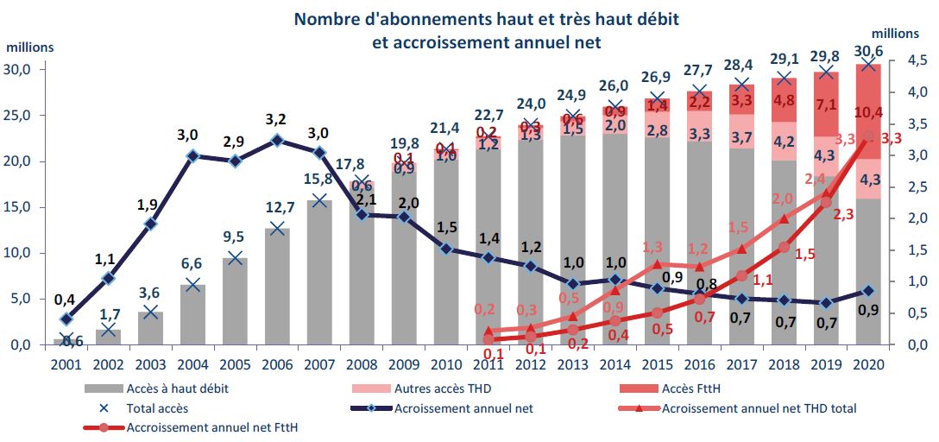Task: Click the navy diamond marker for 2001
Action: click(x=66, y=319)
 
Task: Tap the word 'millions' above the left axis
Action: click(x=31, y=48)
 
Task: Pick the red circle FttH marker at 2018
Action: click(x=784, y=247)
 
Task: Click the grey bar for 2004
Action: click(x=192, y=315)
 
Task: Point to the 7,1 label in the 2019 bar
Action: click(x=826, y=105)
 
